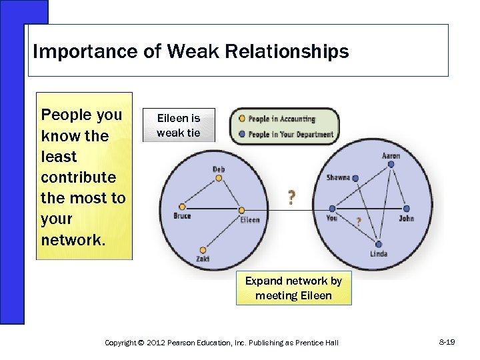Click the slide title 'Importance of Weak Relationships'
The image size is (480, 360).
191,51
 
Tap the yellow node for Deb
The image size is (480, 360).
219,178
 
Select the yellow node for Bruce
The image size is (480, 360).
181,207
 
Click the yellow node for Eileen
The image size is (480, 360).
242,211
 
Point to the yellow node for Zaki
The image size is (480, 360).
203,250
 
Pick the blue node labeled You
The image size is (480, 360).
332,209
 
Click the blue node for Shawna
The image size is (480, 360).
356,178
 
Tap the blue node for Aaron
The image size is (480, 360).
391,164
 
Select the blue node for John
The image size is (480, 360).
406,209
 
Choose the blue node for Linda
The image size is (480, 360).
378,244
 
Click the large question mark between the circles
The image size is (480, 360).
291,197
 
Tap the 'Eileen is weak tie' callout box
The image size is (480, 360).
178,125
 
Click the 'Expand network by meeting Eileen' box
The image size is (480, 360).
293,288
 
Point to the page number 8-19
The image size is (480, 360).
447,342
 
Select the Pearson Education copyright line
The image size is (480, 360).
221,343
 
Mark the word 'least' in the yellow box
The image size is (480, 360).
59,157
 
